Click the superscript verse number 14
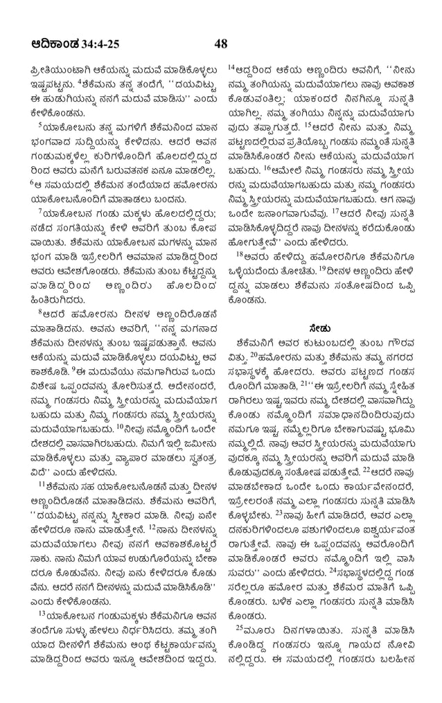coord(231,67)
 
